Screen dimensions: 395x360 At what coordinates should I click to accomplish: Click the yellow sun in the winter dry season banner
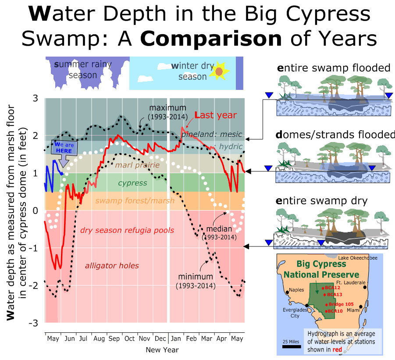pyautogui.click(x=219, y=71)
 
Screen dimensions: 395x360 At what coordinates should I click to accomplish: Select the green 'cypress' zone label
pyautogui.click(x=133, y=183)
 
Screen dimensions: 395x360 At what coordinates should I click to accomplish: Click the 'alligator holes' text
pyautogui.click(x=112, y=265)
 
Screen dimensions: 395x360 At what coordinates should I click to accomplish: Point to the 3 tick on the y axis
pyautogui.click(x=35, y=98)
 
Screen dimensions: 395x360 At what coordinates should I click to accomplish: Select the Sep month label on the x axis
pyautogui.click(x=114, y=339)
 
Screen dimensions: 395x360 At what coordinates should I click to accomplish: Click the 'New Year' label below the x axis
pyautogui.click(x=162, y=349)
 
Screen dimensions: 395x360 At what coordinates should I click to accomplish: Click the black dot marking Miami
pyautogui.click(x=360, y=307)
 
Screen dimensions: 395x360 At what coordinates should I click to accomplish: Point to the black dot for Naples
pyautogui.click(x=287, y=292)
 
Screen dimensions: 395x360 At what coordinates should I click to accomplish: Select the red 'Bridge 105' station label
pyautogui.click(x=340, y=304)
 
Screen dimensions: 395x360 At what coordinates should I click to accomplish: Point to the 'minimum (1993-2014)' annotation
pyautogui.click(x=195, y=281)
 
